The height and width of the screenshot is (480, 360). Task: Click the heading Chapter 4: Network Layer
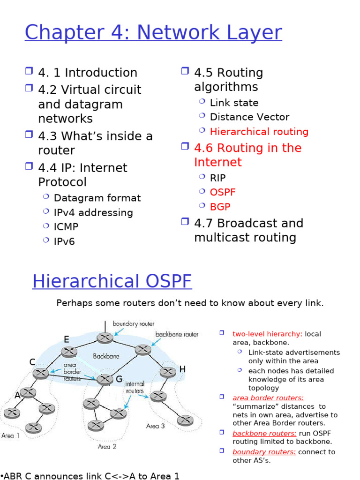(x=153, y=33)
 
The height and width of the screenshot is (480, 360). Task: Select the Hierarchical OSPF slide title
(x=112, y=282)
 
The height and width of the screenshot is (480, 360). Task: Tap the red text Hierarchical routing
(x=259, y=132)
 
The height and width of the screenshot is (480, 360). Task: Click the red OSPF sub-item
(x=223, y=193)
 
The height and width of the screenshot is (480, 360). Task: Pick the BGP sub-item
(x=220, y=207)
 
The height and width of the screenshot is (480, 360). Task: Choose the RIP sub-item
(x=217, y=178)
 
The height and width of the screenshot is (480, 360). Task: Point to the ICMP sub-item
(x=66, y=227)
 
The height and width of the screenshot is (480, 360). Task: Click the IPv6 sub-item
(x=64, y=242)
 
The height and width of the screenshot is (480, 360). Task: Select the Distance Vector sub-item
(x=249, y=117)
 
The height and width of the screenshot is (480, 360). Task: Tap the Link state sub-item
(x=234, y=103)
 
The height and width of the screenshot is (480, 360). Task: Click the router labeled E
(x=70, y=352)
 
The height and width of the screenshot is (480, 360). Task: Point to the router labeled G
(x=105, y=379)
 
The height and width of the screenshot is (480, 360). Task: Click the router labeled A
(x=28, y=392)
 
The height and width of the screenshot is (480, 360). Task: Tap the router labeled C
(x=41, y=373)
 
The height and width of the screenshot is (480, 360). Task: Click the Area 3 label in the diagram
(x=156, y=426)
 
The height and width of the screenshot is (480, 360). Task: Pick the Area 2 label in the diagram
(x=107, y=447)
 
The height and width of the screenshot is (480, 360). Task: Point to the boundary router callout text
(x=133, y=324)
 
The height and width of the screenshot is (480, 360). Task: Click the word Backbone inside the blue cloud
(x=106, y=356)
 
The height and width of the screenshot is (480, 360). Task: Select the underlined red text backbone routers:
(x=264, y=434)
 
